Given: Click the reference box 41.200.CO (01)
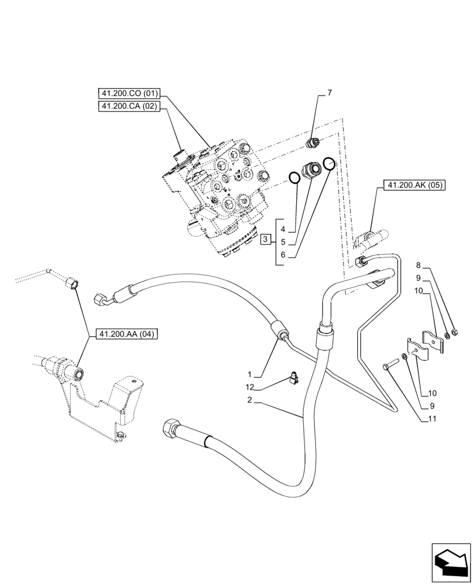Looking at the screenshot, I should [x=129, y=94].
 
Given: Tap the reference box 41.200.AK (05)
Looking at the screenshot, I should [x=414, y=186].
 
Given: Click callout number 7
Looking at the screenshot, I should [x=329, y=92].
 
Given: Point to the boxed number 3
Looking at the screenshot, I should [x=266, y=239].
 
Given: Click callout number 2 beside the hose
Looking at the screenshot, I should [x=250, y=400].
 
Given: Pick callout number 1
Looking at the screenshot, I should [x=250, y=373].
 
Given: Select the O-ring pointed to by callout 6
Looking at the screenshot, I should [x=330, y=163].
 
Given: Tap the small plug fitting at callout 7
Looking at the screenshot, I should [x=314, y=142].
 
